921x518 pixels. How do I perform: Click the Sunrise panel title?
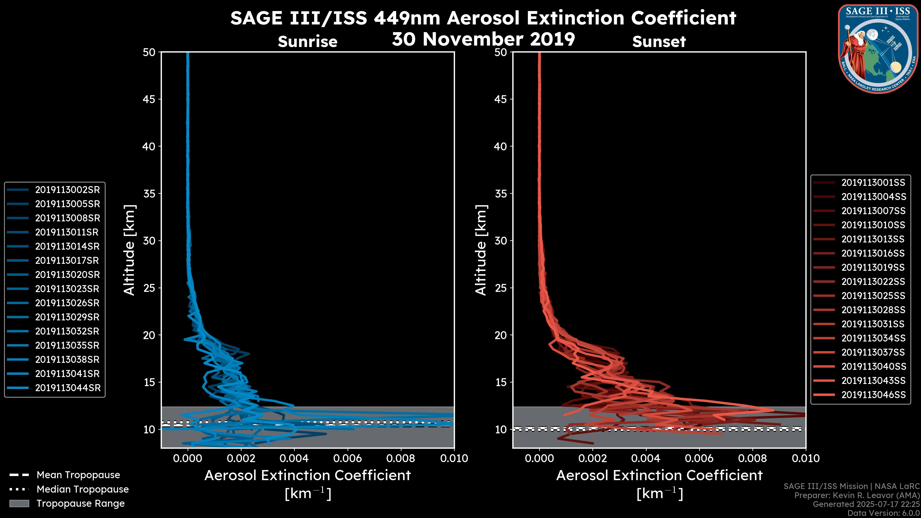307,42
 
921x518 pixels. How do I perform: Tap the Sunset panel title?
659,42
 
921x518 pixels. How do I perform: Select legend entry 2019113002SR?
67,190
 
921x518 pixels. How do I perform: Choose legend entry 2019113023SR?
67,289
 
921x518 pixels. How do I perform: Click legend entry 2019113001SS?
873,183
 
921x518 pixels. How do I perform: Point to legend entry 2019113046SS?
873,395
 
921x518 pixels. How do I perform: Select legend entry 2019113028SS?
873,310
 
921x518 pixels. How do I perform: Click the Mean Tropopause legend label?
78,475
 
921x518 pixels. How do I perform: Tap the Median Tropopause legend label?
83,489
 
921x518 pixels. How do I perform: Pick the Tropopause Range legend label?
80,504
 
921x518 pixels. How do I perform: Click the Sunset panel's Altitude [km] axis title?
481,250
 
